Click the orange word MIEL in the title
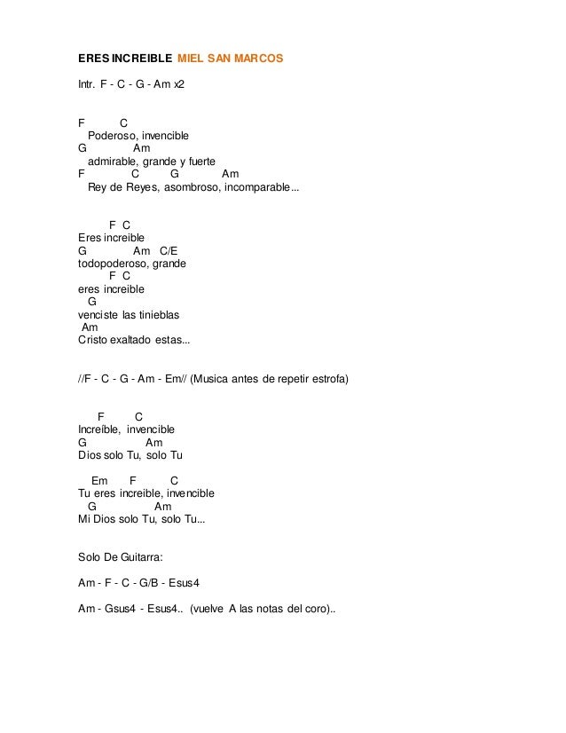(191, 58)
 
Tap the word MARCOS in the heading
(258, 58)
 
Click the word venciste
(98, 315)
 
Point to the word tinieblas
(162, 315)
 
